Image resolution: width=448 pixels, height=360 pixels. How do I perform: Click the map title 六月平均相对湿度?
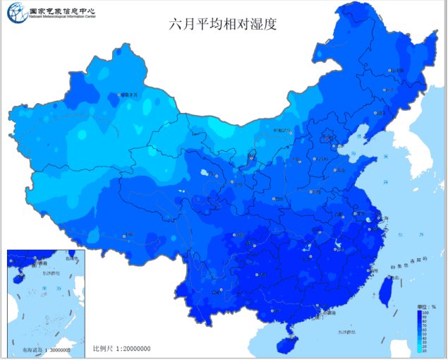point(222,23)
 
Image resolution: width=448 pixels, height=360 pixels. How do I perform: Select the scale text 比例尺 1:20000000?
point(122,349)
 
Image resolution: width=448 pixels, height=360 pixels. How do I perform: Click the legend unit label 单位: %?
point(426,308)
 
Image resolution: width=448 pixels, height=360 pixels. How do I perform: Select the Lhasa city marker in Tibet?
point(125,236)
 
